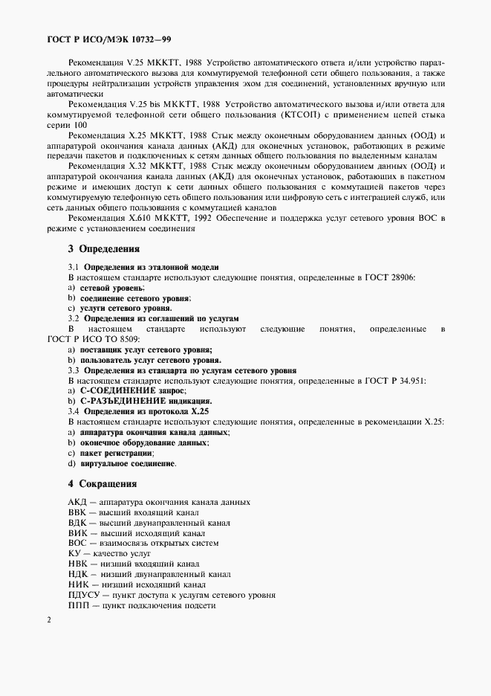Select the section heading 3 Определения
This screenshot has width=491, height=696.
click(104, 249)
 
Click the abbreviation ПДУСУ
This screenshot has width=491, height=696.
click(84, 595)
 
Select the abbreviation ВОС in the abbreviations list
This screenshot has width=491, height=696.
click(78, 544)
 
